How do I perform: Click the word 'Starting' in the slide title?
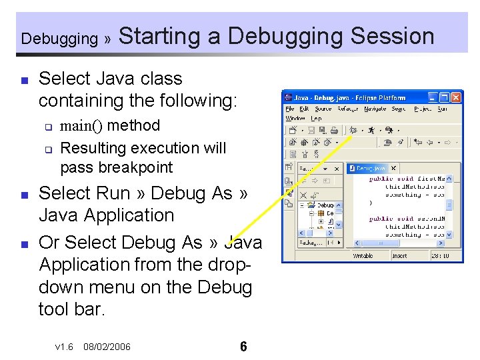[159, 36]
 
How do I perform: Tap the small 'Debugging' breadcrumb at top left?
[59, 39]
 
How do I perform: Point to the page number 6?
[243, 347]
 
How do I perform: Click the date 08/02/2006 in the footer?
[107, 347]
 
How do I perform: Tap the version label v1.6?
[64, 347]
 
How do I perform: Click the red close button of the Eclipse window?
[456, 97]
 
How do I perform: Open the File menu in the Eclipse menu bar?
[290, 109]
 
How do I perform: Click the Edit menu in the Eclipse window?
[304, 109]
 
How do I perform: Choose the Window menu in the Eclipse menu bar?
[295, 118]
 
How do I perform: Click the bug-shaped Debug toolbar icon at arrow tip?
[353, 130]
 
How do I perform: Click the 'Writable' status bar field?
[363, 255]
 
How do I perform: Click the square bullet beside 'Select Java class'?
[24, 80]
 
